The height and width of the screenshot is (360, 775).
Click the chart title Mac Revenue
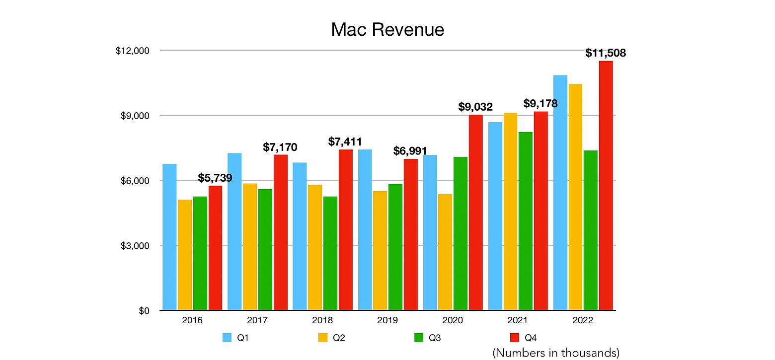point(387,30)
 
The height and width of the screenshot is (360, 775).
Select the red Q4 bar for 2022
point(606,186)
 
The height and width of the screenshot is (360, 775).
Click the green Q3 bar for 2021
point(526,221)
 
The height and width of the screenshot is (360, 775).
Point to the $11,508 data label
point(606,53)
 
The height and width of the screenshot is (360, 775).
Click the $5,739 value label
point(215,178)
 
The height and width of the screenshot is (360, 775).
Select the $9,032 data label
point(475,107)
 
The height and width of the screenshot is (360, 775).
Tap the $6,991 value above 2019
point(410,151)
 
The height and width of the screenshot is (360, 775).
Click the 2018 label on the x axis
point(322,321)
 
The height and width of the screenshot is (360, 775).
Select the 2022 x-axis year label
point(583,321)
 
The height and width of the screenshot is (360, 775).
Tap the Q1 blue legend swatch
point(228,338)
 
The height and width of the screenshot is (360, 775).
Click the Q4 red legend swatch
point(515,338)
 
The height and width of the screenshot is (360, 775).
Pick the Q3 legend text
point(435,338)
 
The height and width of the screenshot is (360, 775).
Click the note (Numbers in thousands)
point(556,353)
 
